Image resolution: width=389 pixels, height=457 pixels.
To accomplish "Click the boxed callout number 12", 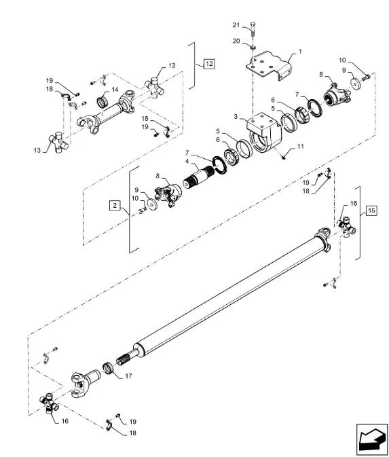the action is click(x=209, y=64).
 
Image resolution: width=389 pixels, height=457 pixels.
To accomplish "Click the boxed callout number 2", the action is click(x=115, y=206).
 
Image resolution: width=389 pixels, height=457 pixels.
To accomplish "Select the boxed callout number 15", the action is click(x=371, y=211).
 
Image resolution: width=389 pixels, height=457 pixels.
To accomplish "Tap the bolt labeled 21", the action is click(x=253, y=29).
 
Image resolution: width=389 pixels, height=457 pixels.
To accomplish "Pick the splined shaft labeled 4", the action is click(x=200, y=177).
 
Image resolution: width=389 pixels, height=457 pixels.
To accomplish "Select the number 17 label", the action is click(x=128, y=376).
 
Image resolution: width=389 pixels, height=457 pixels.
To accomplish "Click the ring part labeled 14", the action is click(x=103, y=101).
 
